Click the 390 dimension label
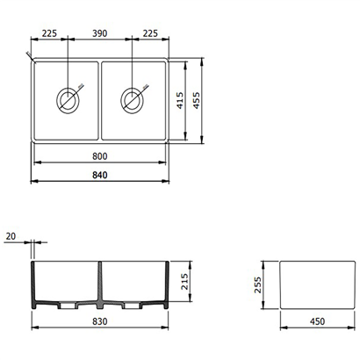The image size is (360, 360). pyautogui.click(x=100, y=33)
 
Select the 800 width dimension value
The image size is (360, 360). pyautogui.click(x=100, y=156)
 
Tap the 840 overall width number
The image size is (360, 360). pyautogui.click(x=100, y=175)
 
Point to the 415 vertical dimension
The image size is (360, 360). pyautogui.click(x=180, y=100)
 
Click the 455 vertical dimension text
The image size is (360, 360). pyautogui.click(x=197, y=100)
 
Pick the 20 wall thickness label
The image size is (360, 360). pyautogui.click(x=11, y=236)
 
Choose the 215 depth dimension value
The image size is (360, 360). pyautogui.click(x=184, y=282)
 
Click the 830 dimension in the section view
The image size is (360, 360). pyautogui.click(x=100, y=321)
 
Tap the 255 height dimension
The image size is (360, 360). pyautogui.click(x=257, y=285)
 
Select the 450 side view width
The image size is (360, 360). pyautogui.click(x=317, y=321)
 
